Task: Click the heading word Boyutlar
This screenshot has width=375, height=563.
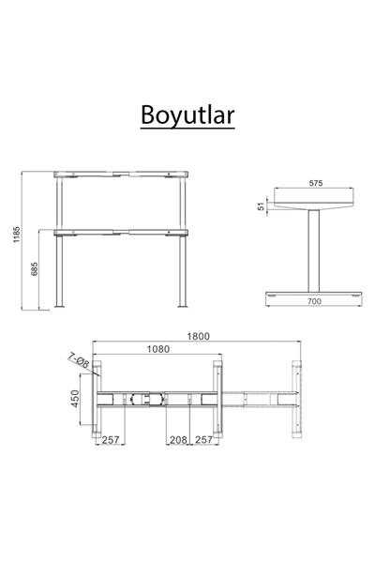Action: [187, 114]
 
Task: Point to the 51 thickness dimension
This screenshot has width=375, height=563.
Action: [262, 205]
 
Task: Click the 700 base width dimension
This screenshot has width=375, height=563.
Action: [314, 302]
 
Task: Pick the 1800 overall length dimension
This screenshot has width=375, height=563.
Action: [198, 337]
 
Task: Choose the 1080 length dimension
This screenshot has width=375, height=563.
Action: [157, 349]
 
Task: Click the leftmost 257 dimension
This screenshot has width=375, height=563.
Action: [111, 439]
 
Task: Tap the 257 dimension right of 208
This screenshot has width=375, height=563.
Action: [203, 439]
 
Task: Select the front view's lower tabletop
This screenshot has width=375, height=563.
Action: [122, 231]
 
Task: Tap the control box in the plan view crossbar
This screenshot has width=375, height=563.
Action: [142, 399]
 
